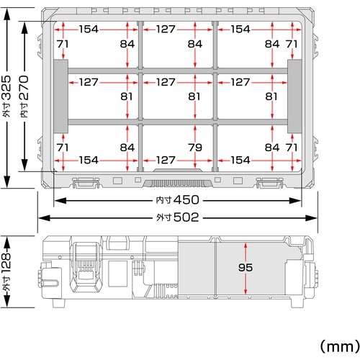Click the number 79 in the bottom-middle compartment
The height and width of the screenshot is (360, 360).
point(195,148)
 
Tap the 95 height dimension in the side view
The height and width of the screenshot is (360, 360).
point(246,267)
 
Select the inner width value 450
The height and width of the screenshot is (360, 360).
point(186,200)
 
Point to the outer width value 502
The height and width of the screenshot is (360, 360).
point(186,217)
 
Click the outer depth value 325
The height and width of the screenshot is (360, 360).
point(6,88)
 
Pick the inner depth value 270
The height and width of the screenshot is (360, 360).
point(24,88)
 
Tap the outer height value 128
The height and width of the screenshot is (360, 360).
point(6,264)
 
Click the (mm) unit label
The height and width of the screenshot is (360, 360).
point(340,346)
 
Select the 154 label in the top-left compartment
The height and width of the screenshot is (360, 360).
point(89,30)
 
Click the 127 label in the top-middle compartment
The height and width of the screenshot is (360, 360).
point(166,30)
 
